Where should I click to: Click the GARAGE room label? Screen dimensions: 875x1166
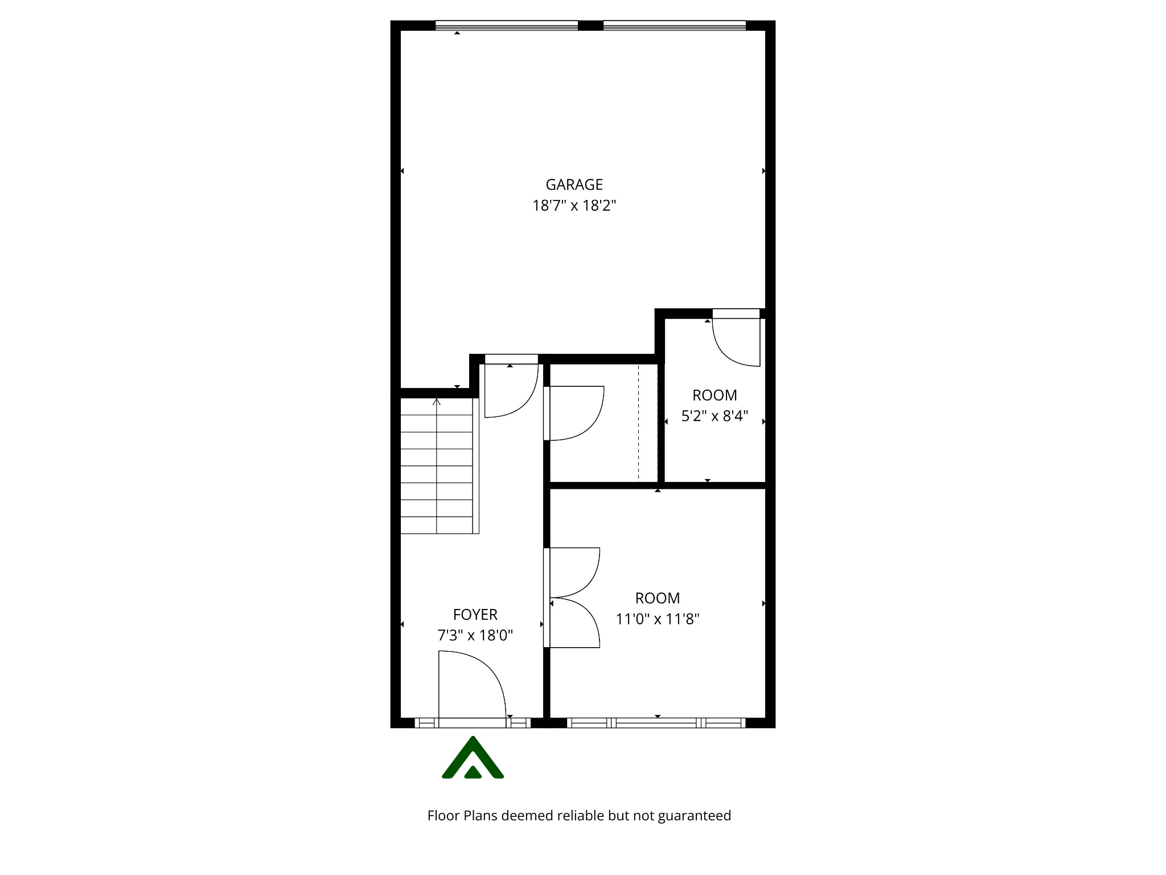pos(574,185)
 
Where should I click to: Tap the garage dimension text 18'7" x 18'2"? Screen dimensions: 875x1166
pos(574,205)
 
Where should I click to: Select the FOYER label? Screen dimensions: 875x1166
pos(475,615)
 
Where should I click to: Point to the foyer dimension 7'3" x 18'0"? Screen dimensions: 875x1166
pos(475,635)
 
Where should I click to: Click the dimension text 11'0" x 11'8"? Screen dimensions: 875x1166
pos(657,619)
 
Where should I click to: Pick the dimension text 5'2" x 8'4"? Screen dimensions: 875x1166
pos(715,416)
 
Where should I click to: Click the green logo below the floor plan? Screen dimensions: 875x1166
pos(473,758)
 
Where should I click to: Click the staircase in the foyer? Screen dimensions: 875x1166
pos(437,466)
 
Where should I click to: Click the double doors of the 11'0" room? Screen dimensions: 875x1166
pos(574,598)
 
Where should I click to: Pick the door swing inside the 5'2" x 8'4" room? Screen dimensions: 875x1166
pos(736,342)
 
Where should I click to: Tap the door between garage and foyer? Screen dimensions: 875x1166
pos(511,387)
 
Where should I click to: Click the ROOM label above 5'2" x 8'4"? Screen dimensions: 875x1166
pos(715,395)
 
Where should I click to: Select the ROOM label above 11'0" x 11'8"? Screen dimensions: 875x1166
pos(657,598)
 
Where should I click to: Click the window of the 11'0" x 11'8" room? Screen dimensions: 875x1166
pos(656,723)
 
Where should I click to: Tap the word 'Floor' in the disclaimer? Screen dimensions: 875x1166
pos(444,816)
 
